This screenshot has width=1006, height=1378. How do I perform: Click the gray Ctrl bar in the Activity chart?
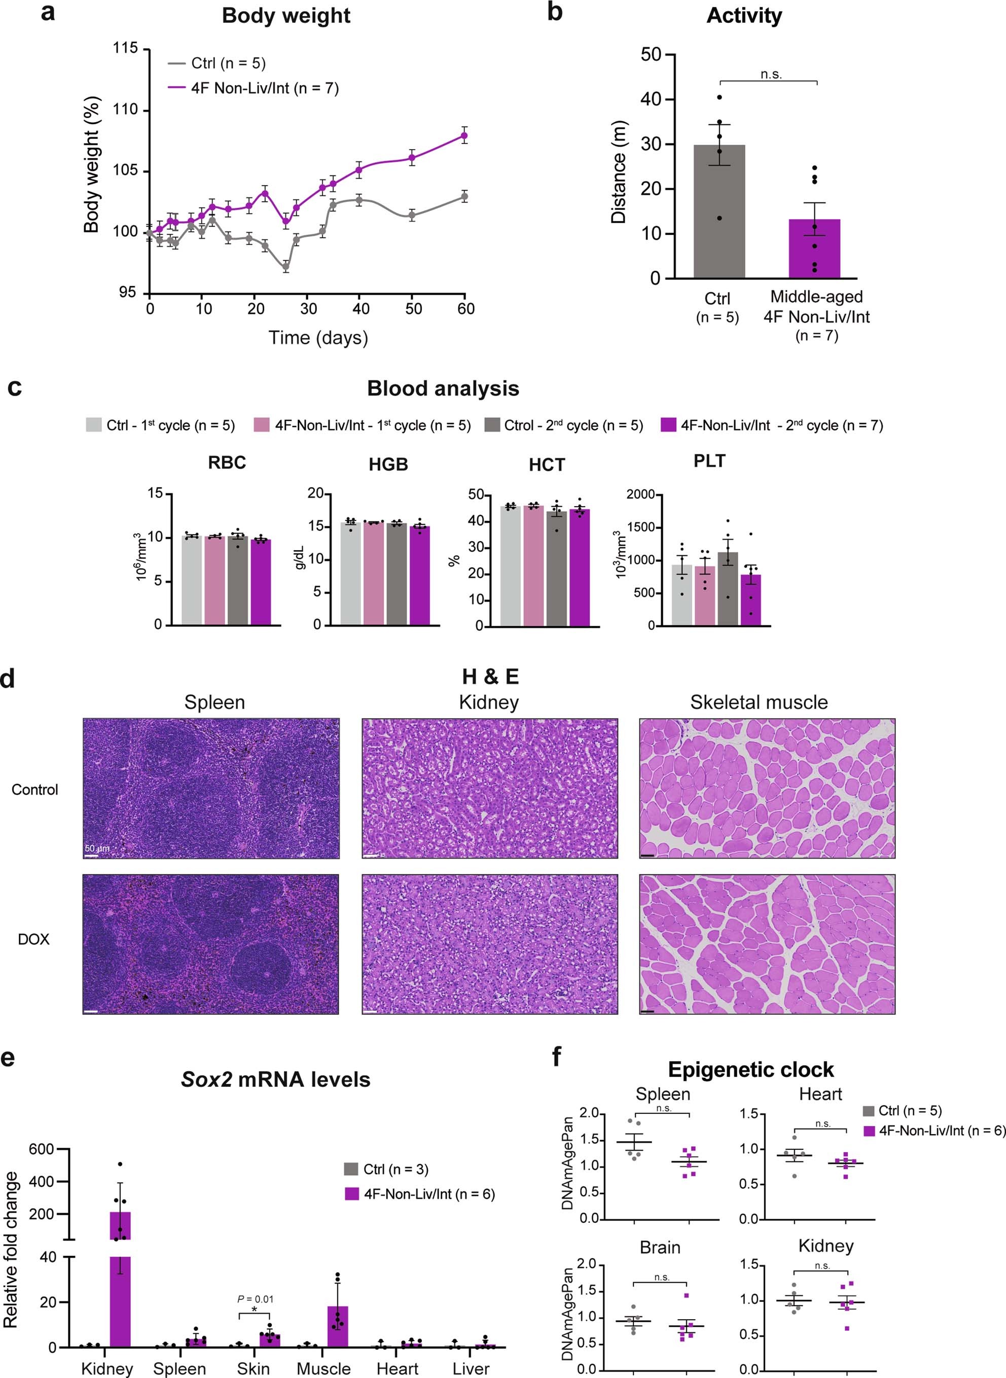[x=719, y=213]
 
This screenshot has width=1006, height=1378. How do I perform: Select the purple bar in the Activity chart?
[x=814, y=250]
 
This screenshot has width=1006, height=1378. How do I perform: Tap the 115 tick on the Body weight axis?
[x=125, y=49]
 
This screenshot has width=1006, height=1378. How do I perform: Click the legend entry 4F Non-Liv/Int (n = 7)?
[x=264, y=88]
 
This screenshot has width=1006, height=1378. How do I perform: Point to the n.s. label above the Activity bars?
[x=771, y=74]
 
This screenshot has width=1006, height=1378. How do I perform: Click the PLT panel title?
[x=709, y=461]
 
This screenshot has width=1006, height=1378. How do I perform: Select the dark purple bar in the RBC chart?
[x=261, y=582]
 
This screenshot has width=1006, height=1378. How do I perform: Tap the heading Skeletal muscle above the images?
[x=759, y=702]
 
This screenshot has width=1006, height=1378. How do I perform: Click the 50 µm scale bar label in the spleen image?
[x=97, y=848]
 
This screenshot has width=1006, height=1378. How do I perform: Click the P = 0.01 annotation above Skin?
[x=255, y=1299]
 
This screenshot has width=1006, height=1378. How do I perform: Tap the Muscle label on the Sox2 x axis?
[x=324, y=1369]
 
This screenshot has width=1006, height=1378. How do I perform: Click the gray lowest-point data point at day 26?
[x=285, y=267]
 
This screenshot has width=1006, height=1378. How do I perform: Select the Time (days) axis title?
[x=318, y=337]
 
